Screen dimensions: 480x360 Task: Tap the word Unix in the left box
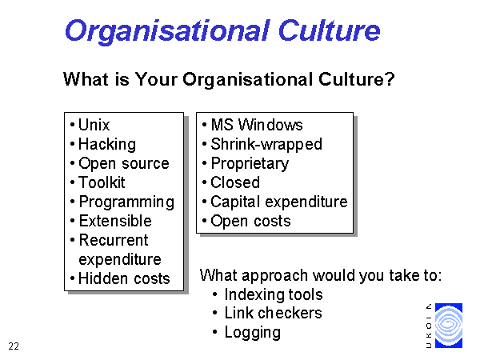click(x=94, y=125)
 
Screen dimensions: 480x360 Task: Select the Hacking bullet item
click(x=107, y=145)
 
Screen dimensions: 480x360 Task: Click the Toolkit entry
click(x=102, y=182)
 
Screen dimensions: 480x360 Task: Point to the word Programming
click(x=126, y=202)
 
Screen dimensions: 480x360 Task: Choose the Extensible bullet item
click(x=115, y=221)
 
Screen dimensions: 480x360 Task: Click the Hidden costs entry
click(x=124, y=279)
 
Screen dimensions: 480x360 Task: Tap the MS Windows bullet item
click(x=257, y=125)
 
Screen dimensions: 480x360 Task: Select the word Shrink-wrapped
click(x=266, y=145)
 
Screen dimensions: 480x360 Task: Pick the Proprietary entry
click(x=250, y=164)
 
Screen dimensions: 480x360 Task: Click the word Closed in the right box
click(x=235, y=182)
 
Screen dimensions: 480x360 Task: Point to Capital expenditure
click(x=279, y=202)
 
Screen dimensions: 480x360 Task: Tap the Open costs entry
click(x=250, y=222)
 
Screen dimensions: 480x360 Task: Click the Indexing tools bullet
click(x=274, y=294)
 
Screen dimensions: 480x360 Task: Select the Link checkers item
click(x=273, y=313)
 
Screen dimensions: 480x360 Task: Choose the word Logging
click(x=253, y=333)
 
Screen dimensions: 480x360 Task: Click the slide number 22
click(x=14, y=346)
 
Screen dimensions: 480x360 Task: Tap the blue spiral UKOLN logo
click(x=449, y=326)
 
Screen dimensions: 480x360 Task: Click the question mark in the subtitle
click(x=390, y=79)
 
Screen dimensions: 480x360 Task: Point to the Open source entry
click(x=124, y=164)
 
